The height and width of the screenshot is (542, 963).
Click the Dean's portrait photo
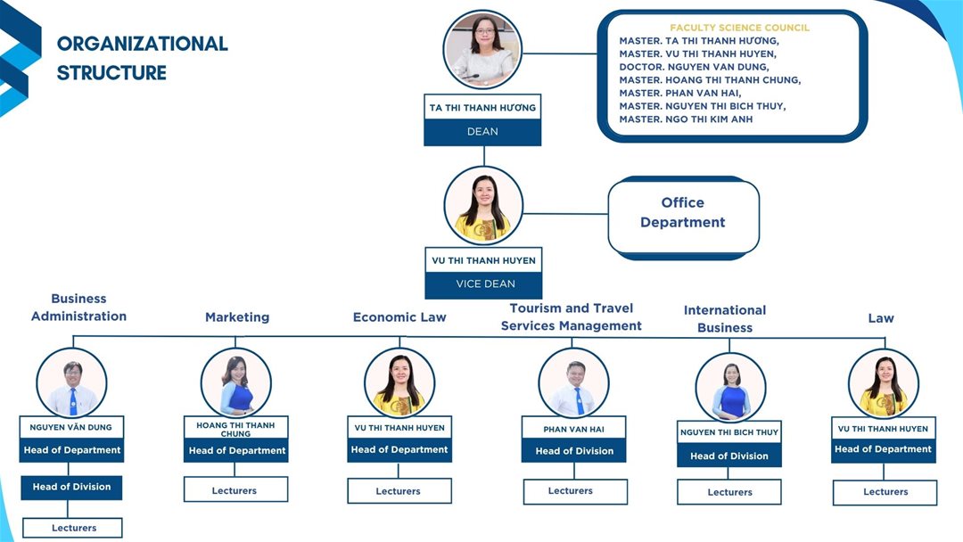[x=482, y=50]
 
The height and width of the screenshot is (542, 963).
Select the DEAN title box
[x=482, y=132]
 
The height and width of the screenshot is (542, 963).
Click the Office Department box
[x=683, y=213]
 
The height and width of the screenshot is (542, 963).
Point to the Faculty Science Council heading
[x=739, y=28]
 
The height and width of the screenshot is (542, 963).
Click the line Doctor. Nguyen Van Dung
[x=694, y=67]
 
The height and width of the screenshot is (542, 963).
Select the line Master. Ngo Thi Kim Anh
[x=686, y=119]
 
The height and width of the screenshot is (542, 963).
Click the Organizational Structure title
[x=143, y=58]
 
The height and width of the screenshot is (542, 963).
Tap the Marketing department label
[x=237, y=317]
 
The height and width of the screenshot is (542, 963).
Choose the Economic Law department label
[x=399, y=317]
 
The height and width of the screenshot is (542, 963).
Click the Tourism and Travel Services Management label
[x=571, y=317]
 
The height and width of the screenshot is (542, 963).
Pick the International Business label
[x=725, y=319]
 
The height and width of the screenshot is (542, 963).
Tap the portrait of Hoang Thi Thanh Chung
[x=236, y=383]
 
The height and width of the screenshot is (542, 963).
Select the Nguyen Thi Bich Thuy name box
[x=729, y=432]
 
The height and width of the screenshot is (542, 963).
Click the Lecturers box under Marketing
[x=235, y=490]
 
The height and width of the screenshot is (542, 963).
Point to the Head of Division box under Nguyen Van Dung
[x=72, y=488]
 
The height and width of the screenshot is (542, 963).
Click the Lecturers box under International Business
[x=729, y=492]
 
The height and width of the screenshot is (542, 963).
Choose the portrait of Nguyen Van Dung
[x=71, y=383]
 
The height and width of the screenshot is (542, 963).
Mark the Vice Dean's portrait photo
[x=483, y=206]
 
